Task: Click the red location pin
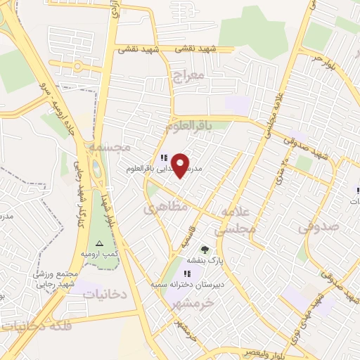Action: [x=181, y=165]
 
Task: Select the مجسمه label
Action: [x=110, y=148]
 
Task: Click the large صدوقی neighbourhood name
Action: [x=319, y=226]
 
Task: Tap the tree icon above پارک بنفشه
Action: [x=205, y=249]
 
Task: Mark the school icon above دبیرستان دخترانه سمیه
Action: [x=187, y=274]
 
